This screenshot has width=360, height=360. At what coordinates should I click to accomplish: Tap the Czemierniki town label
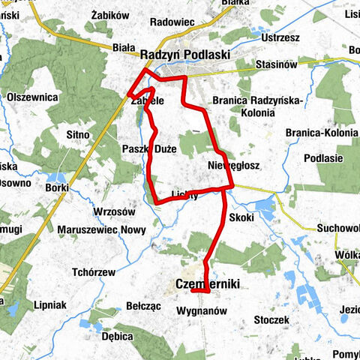pos(203,283)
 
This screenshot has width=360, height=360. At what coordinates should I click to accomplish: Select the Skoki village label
pos(242,217)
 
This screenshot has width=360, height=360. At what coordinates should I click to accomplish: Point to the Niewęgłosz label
pos(232,164)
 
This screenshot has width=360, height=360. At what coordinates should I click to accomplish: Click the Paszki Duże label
pos(149,149)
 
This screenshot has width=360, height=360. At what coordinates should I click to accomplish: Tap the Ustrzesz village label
pos(282,37)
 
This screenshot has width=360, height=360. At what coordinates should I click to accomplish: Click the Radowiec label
pos(172,22)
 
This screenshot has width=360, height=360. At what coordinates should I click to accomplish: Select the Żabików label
pos(109,14)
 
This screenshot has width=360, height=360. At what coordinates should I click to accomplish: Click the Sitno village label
pos(78,134)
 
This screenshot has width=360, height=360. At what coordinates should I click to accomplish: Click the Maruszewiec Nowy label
pos(93,230)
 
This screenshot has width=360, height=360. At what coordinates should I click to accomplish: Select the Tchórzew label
pos(93,271)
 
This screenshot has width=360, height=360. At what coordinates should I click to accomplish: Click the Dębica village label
pos(118,337)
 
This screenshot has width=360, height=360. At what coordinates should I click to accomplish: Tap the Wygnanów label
pos(202,310)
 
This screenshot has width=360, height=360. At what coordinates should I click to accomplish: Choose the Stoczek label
pos(271,320)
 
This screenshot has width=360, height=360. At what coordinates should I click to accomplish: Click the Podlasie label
pos(324,158)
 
